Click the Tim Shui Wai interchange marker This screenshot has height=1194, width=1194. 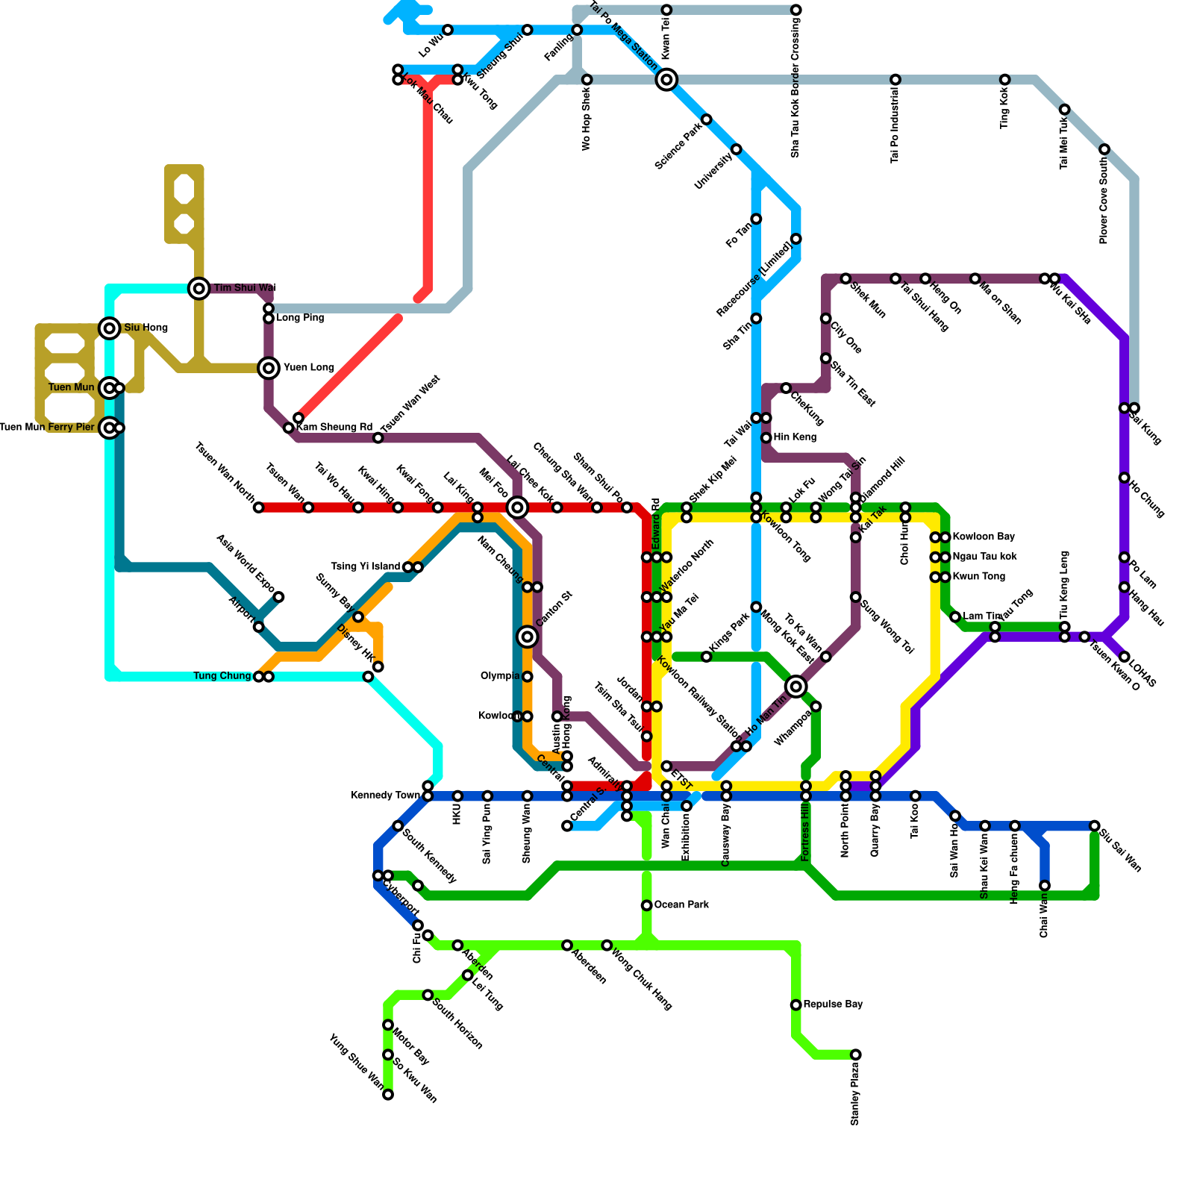pyautogui.click(x=199, y=288)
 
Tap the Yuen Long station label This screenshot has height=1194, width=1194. pyautogui.click(x=308, y=368)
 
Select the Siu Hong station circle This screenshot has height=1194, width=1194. pyautogui.click(x=110, y=328)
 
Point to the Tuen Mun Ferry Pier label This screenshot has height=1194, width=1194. pyautogui.click(x=48, y=428)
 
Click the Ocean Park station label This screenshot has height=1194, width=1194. pyautogui.click(x=681, y=905)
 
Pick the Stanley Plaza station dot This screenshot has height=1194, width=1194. pyautogui.click(x=856, y=1054)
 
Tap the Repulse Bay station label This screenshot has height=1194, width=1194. pyautogui.click(x=833, y=1004)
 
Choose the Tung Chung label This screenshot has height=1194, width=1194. pyautogui.click(x=222, y=676)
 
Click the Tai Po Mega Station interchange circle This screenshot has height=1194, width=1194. pyautogui.click(x=667, y=79)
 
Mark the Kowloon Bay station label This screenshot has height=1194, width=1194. pyautogui.click(x=984, y=537)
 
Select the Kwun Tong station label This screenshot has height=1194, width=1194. pyautogui.click(x=978, y=577)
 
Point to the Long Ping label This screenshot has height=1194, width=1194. pyautogui.click(x=300, y=319)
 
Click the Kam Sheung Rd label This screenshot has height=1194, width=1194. pyautogui.click(x=334, y=428)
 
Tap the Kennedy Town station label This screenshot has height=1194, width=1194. pyautogui.click(x=385, y=796)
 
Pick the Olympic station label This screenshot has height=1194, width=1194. pyautogui.click(x=500, y=676)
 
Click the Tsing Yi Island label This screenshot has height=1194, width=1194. pyautogui.click(x=366, y=567)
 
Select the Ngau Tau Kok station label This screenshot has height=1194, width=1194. pyautogui.click(x=984, y=557)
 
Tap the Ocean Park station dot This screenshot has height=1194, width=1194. pyautogui.click(x=646, y=905)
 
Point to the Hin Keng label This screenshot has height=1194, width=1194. pyautogui.click(x=795, y=437)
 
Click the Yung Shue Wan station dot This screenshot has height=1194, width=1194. pyautogui.click(x=388, y=1095)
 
